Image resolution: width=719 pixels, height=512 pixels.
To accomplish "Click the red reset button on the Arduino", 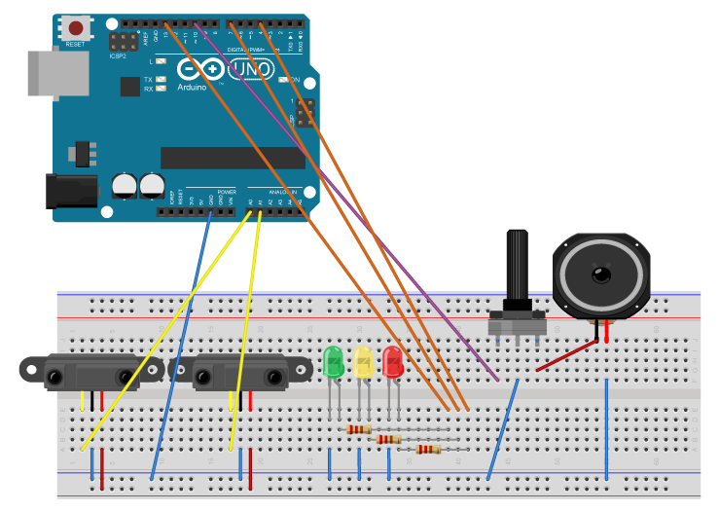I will pyautogui.click(x=75, y=28).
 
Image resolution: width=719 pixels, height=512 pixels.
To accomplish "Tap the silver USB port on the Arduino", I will pyautogui.click(x=57, y=73).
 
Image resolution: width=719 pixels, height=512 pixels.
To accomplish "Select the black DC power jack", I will pyautogui.click(x=71, y=190).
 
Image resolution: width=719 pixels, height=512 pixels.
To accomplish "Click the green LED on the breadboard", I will pyautogui.click(x=333, y=362).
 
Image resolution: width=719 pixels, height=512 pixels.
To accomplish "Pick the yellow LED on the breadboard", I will pyautogui.click(x=363, y=362).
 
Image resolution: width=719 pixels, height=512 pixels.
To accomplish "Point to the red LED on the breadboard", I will pyautogui.click(x=393, y=362).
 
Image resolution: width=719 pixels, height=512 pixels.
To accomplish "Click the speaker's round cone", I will pyautogui.click(x=600, y=274).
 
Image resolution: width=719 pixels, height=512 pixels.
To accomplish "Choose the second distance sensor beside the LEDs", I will pyautogui.click(x=238, y=371).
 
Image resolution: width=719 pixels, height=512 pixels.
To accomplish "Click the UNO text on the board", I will pyautogui.click(x=250, y=69).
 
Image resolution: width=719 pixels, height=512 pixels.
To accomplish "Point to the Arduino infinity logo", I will pyautogui.click(x=201, y=69).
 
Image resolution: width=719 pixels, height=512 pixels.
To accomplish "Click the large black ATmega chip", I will pyautogui.click(x=233, y=158).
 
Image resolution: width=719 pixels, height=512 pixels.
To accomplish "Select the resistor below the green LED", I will pyautogui.click(x=358, y=428).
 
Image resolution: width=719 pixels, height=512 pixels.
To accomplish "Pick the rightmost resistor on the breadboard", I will pyautogui.click(x=428, y=449).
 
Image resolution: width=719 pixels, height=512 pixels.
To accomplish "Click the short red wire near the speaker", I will pyautogui.click(x=567, y=355).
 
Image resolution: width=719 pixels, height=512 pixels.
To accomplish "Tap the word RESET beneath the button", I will pyautogui.click(x=75, y=45).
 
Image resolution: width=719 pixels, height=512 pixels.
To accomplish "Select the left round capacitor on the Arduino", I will pyautogui.click(x=124, y=185).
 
